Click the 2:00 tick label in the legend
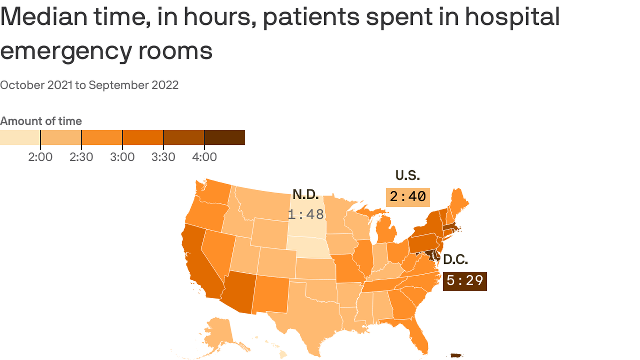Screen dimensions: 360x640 [40, 157]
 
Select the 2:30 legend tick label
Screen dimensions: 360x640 [81, 157]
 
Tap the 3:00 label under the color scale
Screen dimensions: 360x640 [122, 157]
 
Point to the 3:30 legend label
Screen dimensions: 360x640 [163, 157]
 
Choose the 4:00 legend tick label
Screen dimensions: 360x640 [204, 157]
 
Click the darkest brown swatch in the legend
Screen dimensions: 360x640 [224, 137]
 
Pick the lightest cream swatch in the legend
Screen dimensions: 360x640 [20, 137]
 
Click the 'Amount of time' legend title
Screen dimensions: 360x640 [41, 121]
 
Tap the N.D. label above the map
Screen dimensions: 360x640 [305, 194]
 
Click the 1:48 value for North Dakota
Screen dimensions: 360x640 [305, 214]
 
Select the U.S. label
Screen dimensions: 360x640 [408, 175]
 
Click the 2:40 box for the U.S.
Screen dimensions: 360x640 [408, 196]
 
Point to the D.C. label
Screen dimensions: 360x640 [455, 259]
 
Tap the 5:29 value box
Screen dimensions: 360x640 [464, 281]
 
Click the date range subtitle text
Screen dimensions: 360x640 [89, 85]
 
